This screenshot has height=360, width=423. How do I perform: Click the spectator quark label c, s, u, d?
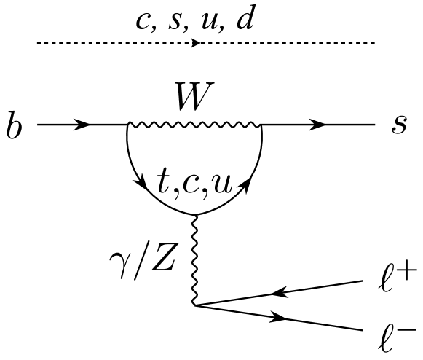point(195,20)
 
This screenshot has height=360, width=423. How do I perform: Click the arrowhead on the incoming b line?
point(82,125)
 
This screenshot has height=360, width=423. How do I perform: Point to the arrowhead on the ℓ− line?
point(280,318)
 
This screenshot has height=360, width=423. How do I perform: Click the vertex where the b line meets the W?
point(127,125)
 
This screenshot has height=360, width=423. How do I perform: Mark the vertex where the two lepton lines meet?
point(195,305)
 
